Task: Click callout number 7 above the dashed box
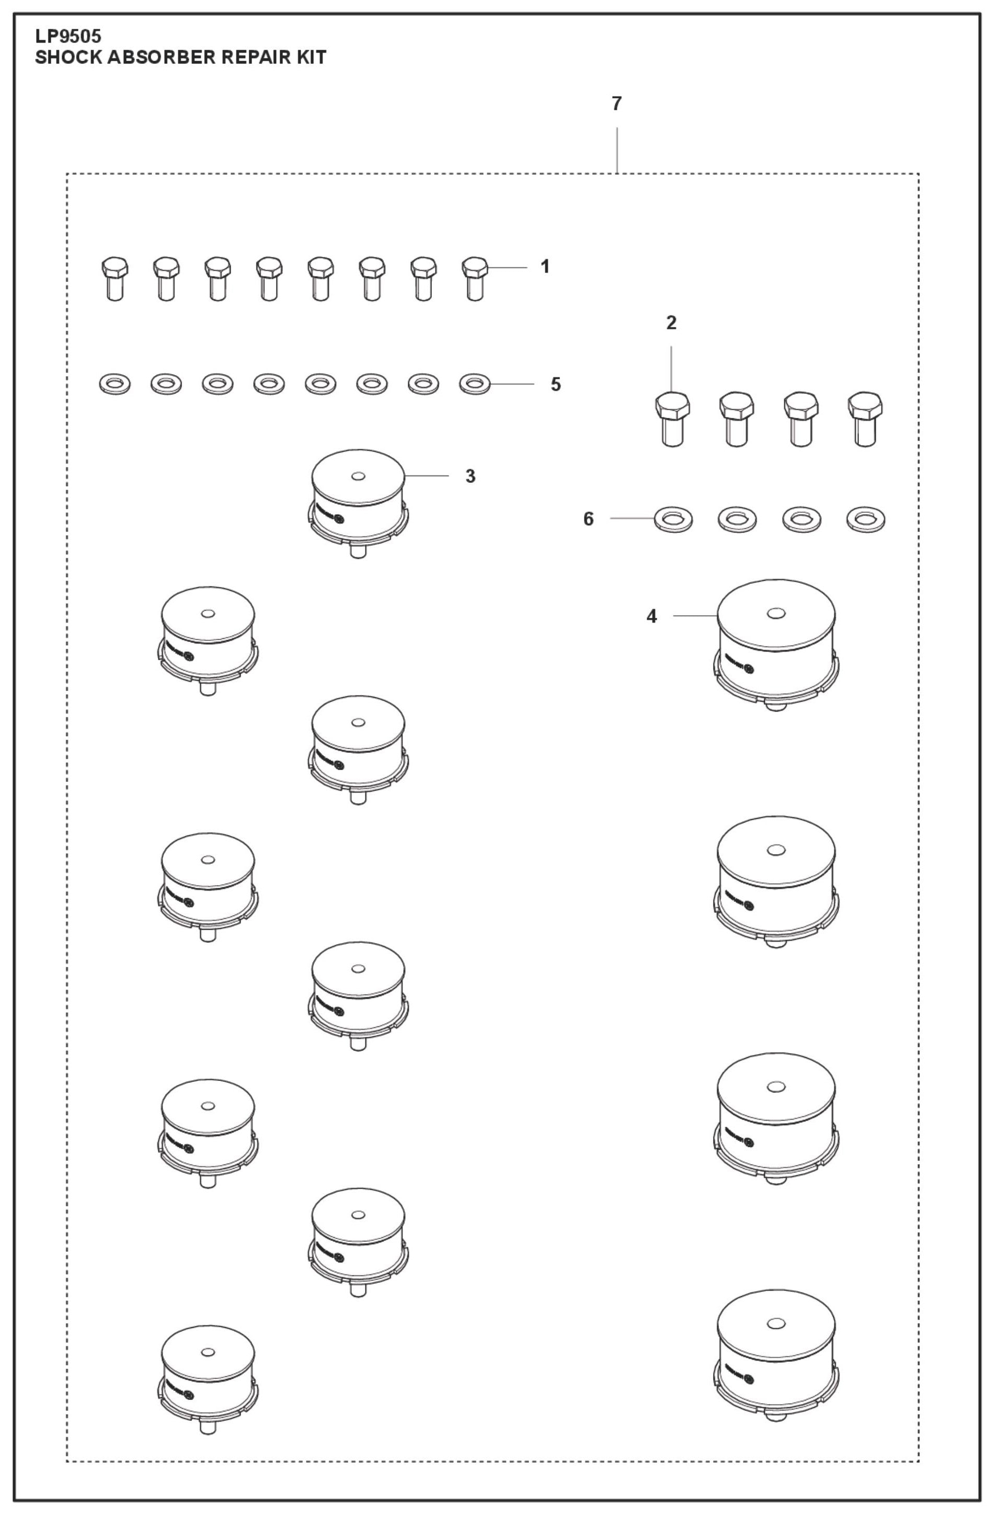616,104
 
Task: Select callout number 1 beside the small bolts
545,267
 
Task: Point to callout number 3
470,476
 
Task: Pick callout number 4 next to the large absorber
651,616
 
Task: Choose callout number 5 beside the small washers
555,385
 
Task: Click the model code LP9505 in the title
68,37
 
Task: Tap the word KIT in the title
311,58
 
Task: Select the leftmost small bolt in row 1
115,278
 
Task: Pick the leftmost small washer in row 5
114,385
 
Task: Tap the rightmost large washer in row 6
865,519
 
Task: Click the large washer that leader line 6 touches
672,519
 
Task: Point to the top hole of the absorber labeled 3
358,476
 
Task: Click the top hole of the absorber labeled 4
775,614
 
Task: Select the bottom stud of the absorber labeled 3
358,550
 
